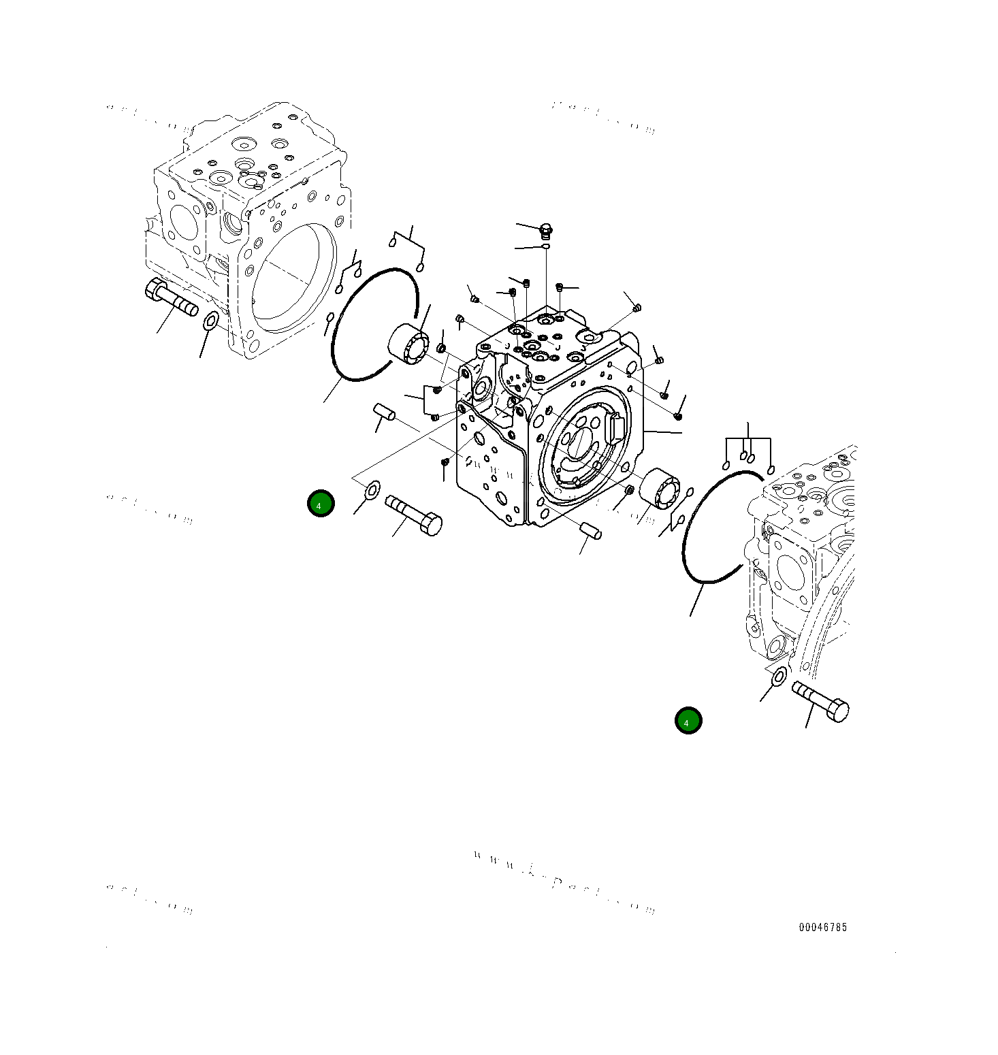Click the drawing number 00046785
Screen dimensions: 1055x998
[x=822, y=927]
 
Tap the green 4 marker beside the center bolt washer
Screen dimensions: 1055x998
[x=321, y=504]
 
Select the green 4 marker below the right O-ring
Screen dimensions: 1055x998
[x=688, y=721]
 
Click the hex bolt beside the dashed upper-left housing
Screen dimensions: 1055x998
[x=170, y=299]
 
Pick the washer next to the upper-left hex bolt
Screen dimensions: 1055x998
[x=211, y=320]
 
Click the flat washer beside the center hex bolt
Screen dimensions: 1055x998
[x=372, y=489]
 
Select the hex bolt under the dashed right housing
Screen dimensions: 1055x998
[x=820, y=702]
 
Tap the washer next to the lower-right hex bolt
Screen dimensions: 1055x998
[x=777, y=677]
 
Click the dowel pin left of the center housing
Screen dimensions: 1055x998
[x=384, y=412]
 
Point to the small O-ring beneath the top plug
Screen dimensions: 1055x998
[x=545, y=246]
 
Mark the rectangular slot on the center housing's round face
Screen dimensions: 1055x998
[x=616, y=428]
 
